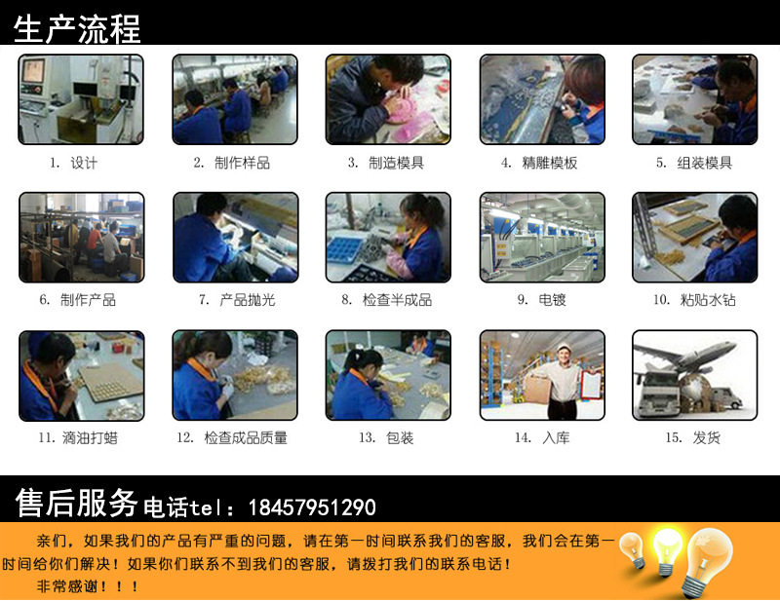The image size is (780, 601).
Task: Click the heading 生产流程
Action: tap(77, 29)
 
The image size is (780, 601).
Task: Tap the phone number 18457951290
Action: tap(312, 507)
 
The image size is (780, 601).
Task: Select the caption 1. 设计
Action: tap(73, 163)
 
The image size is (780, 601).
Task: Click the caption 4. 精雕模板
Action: tap(539, 163)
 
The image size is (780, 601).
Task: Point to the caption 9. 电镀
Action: tap(542, 300)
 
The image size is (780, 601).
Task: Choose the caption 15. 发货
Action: tap(693, 437)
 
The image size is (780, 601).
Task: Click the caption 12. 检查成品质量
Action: tap(232, 437)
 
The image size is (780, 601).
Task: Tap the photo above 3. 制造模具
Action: tap(388, 99)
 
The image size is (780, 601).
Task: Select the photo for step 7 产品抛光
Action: tap(236, 238)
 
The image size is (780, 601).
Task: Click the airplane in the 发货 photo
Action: tap(686, 355)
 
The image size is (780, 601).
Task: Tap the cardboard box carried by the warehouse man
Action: tap(536, 388)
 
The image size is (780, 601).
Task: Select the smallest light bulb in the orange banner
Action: tap(632, 549)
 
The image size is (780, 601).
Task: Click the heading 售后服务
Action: tap(76, 503)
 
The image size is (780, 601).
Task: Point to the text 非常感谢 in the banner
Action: tap(67, 586)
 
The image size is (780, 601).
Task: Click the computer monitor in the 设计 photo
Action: tap(33, 72)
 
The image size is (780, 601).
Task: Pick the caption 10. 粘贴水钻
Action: tap(694, 300)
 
